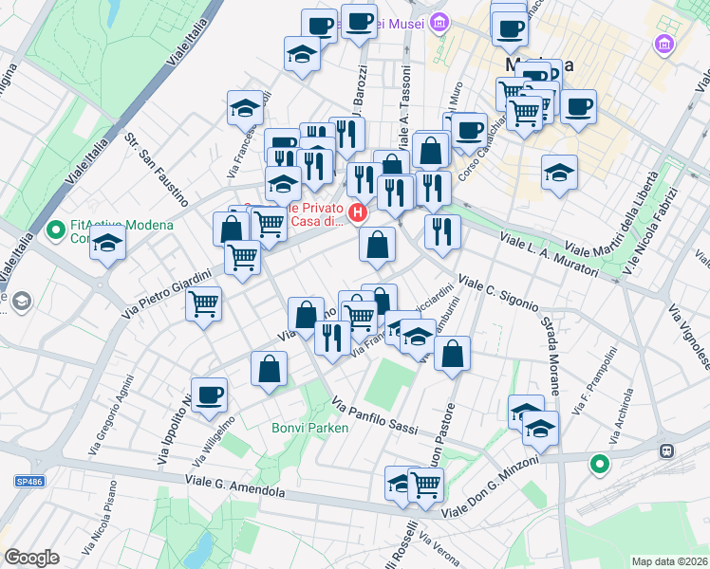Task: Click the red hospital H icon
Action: coord(358,212)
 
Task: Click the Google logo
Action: coord(31,558)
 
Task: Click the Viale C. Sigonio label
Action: coord(498,293)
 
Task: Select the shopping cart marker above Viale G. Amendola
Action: coord(425,484)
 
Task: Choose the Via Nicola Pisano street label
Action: coord(98,531)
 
